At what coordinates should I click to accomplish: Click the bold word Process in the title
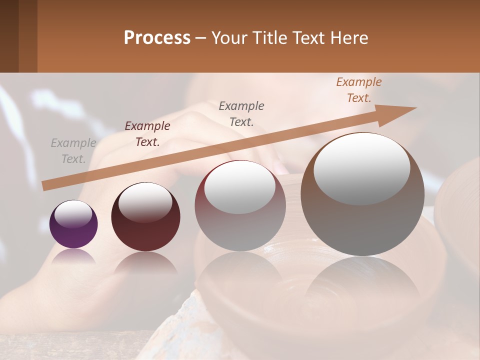point(157,38)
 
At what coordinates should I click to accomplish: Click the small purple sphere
point(73,224)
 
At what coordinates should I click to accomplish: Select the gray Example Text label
point(73,151)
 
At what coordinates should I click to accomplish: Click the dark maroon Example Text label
point(147,134)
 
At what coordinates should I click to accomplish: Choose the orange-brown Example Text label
point(359,90)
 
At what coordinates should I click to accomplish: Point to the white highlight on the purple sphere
point(73,213)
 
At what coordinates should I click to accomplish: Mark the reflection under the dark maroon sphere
point(145,262)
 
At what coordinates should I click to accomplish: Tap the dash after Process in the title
point(200,38)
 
